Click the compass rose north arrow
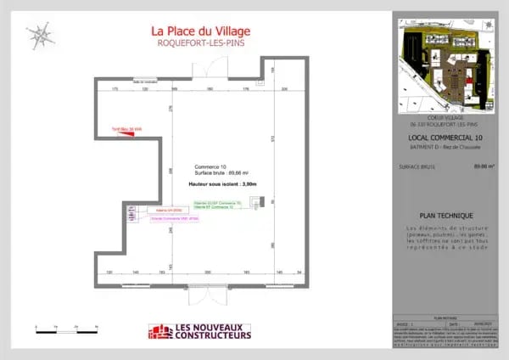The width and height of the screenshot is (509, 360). [x=38, y=35]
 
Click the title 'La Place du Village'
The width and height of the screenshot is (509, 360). [x=200, y=31]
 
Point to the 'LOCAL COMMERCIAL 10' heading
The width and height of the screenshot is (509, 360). [x=445, y=138]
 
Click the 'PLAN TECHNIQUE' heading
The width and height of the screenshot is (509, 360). [x=446, y=216]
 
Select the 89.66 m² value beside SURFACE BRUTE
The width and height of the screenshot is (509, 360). [x=484, y=166]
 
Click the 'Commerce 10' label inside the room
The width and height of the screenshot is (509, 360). [x=210, y=166]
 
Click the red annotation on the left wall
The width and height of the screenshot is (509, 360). [x=125, y=130]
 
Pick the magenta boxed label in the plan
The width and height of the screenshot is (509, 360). [x=174, y=219]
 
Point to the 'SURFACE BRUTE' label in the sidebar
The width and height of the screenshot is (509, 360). [x=417, y=166]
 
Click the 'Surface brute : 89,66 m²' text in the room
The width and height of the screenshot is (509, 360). [x=217, y=173]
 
